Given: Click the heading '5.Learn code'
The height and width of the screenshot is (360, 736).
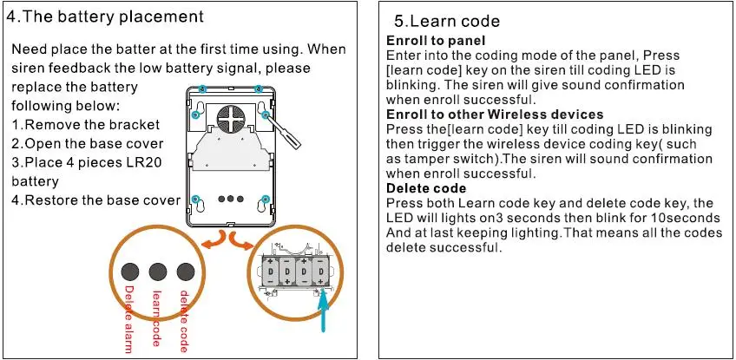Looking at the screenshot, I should [x=447, y=22].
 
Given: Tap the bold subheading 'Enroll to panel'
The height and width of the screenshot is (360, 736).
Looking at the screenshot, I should [x=436, y=42].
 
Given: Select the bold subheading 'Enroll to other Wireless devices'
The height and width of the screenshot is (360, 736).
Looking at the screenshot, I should [x=495, y=115].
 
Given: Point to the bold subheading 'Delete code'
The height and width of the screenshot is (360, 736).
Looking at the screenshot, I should [x=426, y=189].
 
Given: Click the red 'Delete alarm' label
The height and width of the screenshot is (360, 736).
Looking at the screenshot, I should [x=128, y=317].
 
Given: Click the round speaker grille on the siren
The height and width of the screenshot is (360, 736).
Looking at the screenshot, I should [x=227, y=113].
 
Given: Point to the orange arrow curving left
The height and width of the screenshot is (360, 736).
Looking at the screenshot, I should [x=211, y=239].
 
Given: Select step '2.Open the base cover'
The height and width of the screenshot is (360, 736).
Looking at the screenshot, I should [x=88, y=144].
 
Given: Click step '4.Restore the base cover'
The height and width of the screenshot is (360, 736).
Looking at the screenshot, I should [x=95, y=200].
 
